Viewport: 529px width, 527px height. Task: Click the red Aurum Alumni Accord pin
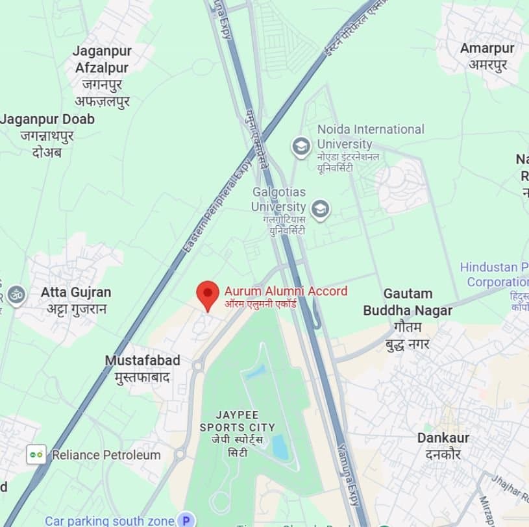(x=208, y=294)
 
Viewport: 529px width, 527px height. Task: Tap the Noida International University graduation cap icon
(x=301, y=147)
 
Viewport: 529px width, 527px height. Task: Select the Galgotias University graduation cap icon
(x=319, y=210)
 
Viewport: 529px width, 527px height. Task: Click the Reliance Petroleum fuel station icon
(x=36, y=454)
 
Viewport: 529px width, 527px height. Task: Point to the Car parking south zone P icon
(x=187, y=520)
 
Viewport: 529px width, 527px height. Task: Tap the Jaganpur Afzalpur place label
(x=102, y=59)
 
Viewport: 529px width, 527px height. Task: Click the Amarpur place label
(x=487, y=48)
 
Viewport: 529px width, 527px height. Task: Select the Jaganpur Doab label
(x=47, y=119)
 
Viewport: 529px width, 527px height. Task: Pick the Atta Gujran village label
(x=76, y=292)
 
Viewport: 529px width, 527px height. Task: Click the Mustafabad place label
(x=142, y=360)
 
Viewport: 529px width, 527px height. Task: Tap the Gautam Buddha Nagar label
(x=407, y=302)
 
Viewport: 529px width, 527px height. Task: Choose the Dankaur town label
(x=443, y=438)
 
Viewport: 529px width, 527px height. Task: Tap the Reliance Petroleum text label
(x=106, y=455)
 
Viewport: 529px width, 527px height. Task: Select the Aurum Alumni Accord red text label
(x=286, y=291)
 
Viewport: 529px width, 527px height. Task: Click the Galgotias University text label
(x=278, y=199)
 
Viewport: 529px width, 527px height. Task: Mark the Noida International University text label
(x=370, y=136)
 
